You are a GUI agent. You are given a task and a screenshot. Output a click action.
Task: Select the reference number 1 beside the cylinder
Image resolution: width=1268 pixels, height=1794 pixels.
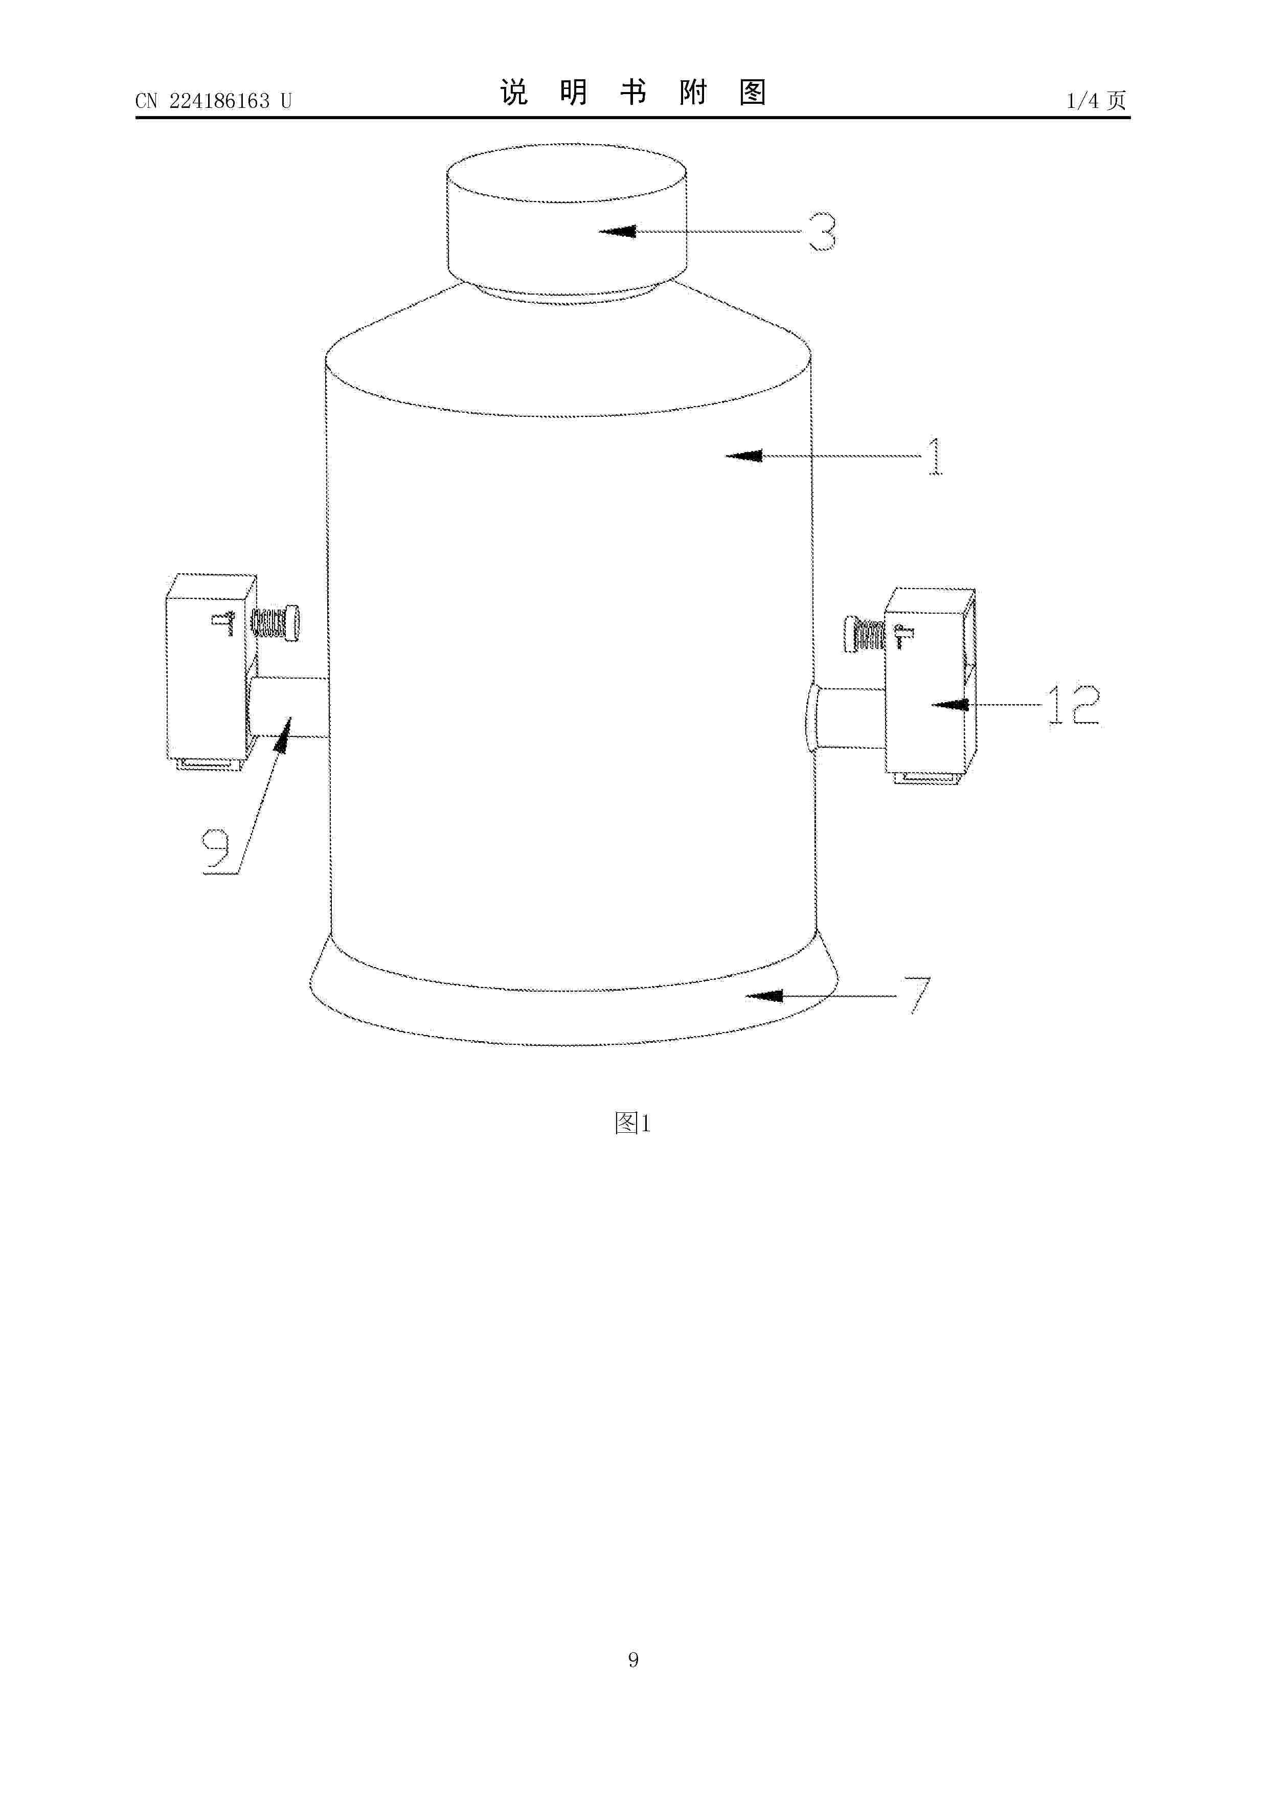935,456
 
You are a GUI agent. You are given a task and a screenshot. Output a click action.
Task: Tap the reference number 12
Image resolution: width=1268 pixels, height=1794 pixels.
1074,706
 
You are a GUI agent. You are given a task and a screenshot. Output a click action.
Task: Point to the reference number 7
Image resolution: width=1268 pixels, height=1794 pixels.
919,995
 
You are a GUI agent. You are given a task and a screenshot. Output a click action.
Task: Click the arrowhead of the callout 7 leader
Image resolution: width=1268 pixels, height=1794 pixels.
763,996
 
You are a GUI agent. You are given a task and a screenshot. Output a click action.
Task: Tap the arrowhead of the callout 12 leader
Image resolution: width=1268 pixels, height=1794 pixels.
950,705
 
